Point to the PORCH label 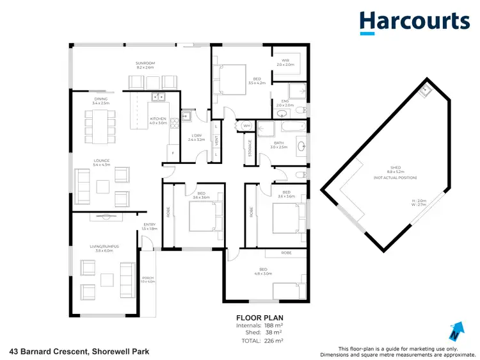coord(148,278)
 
